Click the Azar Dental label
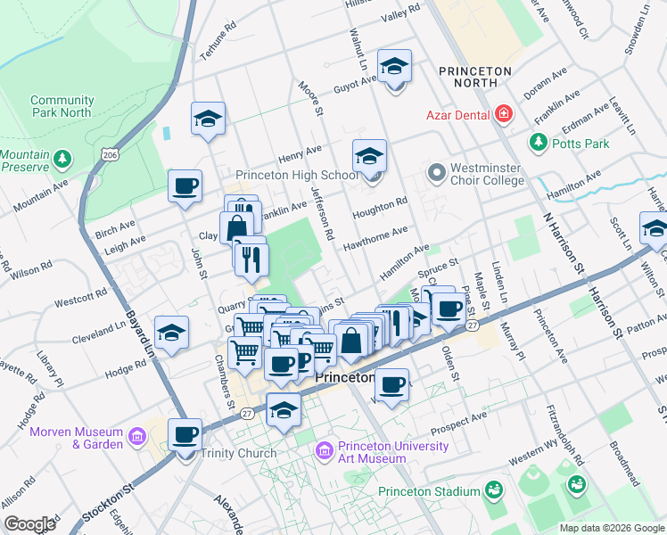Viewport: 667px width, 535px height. coord(457,114)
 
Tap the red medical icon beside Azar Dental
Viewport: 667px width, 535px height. coord(504,113)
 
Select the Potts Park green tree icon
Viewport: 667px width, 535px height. coord(538,142)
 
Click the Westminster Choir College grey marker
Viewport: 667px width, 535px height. coord(436,169)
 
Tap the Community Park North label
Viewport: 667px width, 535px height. coord(62,106)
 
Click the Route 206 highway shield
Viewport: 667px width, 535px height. coord(110,155)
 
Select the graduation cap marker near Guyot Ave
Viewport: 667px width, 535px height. coord(393,67)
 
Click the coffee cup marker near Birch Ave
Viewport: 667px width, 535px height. coord(185,187)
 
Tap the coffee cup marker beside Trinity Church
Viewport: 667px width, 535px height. coord(185,435)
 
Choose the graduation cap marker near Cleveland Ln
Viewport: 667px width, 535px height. coord(171,333)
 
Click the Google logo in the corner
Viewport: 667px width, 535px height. coord(29,524)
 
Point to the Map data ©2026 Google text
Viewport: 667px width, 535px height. coord(611,528)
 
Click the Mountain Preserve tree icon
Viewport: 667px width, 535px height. coord(62,160)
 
